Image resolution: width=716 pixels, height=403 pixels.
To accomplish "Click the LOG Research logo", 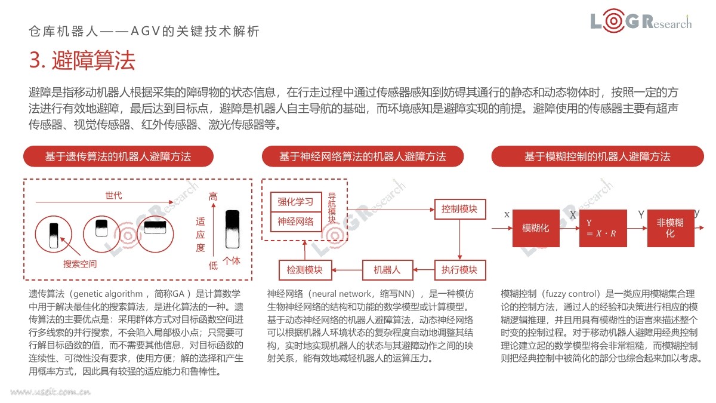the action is coord(641,21).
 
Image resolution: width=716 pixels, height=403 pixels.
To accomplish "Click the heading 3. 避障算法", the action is coord(82,60).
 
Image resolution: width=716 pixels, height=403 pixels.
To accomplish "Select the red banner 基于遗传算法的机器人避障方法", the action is coord(118,156).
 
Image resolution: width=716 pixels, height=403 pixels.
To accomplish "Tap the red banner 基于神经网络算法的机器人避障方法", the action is coord(363,156).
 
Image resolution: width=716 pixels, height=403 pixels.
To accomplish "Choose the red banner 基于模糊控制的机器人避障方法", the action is coord(597,156).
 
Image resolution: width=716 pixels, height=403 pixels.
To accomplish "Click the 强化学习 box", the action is coord(296,202).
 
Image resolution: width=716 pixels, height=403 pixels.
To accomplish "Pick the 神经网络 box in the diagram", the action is coord(296,222).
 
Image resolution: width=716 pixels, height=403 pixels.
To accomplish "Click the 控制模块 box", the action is coord(460,209).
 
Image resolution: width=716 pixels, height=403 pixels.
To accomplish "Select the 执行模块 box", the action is coord(460,270).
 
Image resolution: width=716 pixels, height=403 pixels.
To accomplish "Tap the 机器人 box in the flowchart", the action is coord(387,270).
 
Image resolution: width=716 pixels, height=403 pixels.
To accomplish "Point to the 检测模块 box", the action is coord(305,270).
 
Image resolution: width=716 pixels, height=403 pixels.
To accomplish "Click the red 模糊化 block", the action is coord(536,228).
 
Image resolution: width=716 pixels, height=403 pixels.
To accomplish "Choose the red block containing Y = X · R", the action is coord(603,228).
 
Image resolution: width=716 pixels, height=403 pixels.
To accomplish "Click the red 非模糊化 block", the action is coord(671,228).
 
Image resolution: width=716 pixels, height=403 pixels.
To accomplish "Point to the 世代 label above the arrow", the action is coord(113,195).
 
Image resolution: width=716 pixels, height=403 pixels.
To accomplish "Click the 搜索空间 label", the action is coord(80,264).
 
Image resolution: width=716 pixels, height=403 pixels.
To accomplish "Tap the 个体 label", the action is coord(232,261).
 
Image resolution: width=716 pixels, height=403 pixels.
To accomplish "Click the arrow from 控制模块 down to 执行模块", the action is coord(459,239).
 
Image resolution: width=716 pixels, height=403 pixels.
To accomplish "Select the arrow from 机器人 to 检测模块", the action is coord(347,270).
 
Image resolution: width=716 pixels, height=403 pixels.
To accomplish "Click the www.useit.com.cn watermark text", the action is coord(51,392).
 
